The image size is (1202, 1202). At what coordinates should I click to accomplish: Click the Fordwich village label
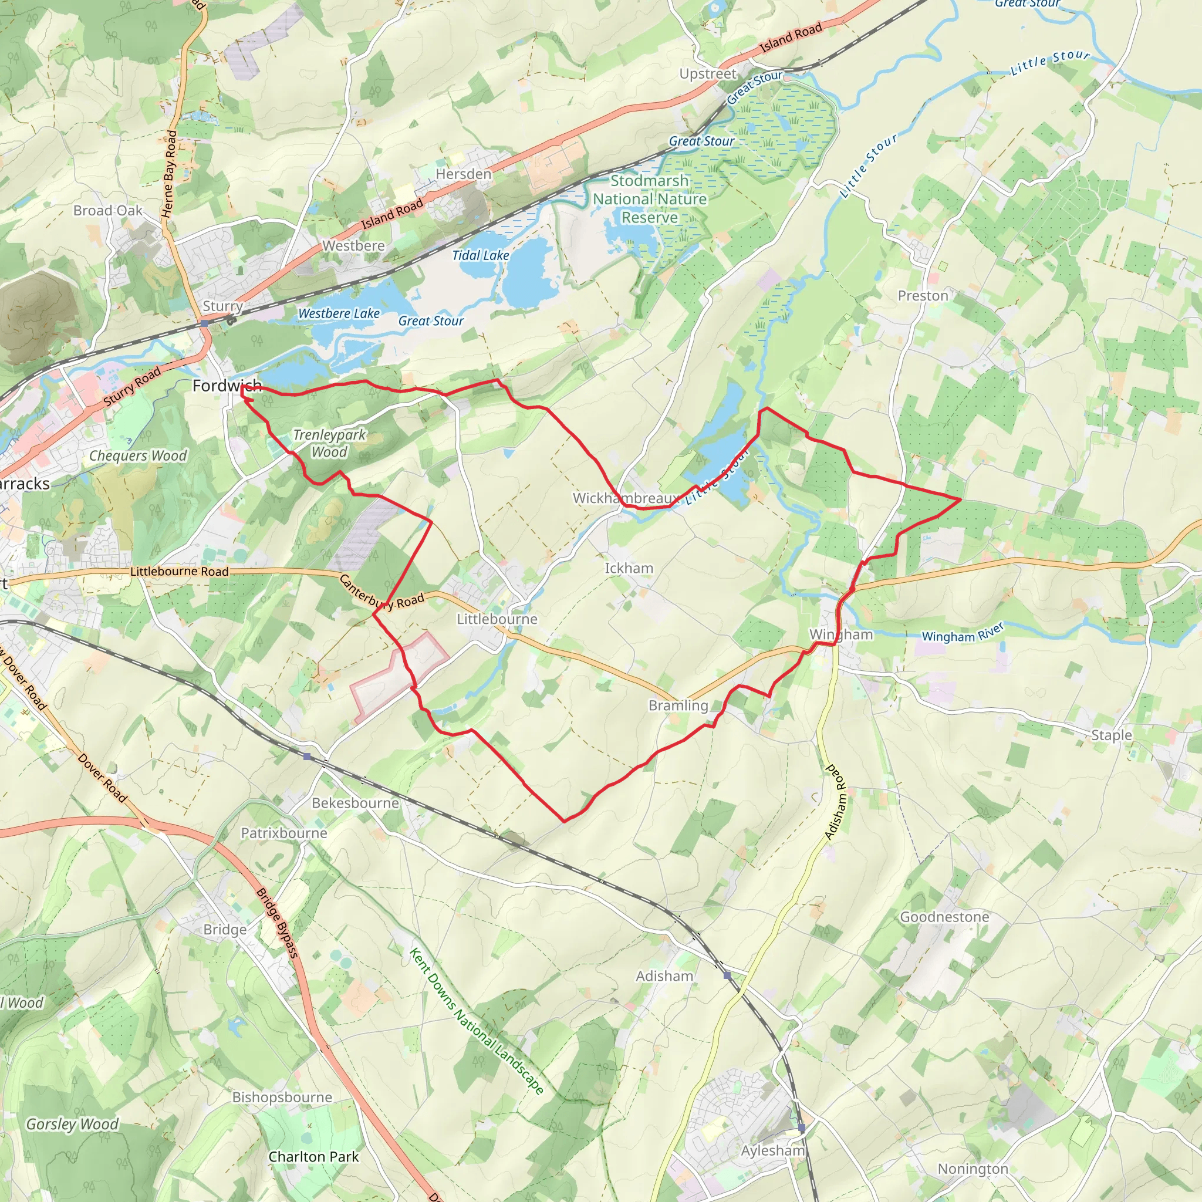pos(227,386)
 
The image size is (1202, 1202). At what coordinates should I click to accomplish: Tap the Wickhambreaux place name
pos(625,498)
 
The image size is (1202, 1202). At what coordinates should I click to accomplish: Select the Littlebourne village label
pos(497,619)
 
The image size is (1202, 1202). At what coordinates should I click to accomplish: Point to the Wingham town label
pos(840,634)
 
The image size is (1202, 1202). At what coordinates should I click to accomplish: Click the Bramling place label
pos(678,705)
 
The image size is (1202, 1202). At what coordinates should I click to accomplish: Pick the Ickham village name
pos(629,568)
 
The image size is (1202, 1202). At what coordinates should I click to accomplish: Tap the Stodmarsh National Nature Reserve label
pos(650,199)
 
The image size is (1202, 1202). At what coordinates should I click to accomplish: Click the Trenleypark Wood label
pos(329,444)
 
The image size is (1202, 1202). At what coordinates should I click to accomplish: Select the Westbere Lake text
pos(339,313)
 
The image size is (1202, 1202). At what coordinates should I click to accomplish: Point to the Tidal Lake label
pos(480,255)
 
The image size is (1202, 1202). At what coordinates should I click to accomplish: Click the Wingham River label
pos(963,633)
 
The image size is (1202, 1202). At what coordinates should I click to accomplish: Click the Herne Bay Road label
pos(170,174)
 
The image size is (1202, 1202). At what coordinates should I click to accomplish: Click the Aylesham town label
pos(773,1150)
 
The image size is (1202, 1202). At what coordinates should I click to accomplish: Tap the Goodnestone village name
pos(944,917)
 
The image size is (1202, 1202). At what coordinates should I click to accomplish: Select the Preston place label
pos(923,296)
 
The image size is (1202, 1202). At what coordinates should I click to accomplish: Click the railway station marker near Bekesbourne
pos(308,757)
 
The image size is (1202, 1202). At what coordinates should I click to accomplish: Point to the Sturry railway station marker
pos(204,323)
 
